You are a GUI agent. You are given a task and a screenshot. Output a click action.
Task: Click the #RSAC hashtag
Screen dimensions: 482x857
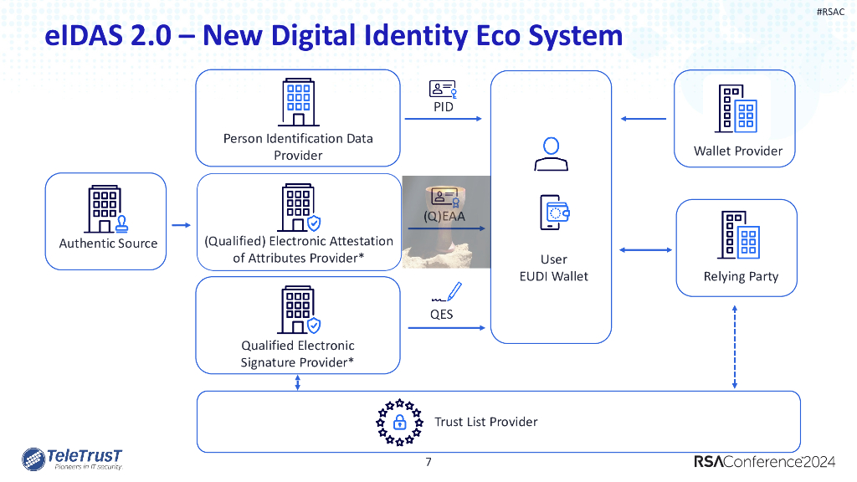[832, 11]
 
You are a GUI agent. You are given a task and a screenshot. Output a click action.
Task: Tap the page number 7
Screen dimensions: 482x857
[428, 462]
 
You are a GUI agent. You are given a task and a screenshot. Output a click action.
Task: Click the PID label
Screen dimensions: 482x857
[443, 107]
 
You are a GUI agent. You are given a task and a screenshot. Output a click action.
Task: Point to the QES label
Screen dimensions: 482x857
[442, 315]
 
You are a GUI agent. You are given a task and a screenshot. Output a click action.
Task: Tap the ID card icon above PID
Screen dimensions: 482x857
[443, 90]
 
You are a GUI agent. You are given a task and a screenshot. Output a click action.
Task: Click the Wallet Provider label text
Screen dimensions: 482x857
[738, 151]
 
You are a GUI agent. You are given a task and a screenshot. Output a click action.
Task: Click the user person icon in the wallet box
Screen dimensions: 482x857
[552, 153]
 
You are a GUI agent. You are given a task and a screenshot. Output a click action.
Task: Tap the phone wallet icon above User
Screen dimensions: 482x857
[553, 213]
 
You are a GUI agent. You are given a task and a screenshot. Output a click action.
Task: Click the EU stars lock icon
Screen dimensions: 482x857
[399, 423]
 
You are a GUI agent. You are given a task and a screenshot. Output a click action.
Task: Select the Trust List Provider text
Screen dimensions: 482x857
[486, 422]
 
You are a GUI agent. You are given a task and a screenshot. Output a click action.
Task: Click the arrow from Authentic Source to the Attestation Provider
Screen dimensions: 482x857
[180, 225]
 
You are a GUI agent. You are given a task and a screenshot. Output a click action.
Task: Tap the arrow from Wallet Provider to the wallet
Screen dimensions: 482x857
[644, 119]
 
